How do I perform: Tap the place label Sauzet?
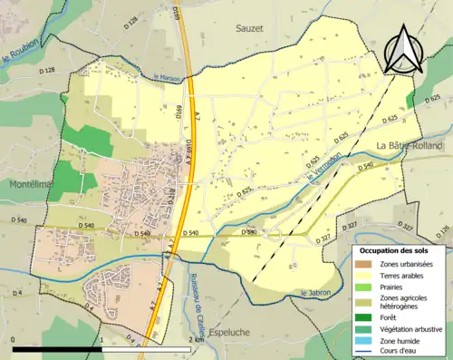pyautogui.click(x=251, y=29)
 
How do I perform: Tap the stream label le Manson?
pyautogui.click(x=168, y=77)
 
